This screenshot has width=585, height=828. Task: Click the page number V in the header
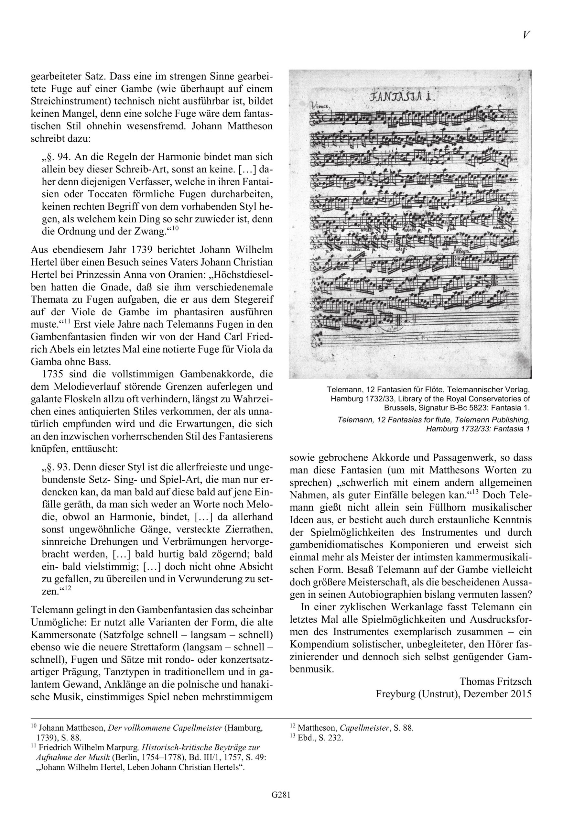[x=526, y=35]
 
